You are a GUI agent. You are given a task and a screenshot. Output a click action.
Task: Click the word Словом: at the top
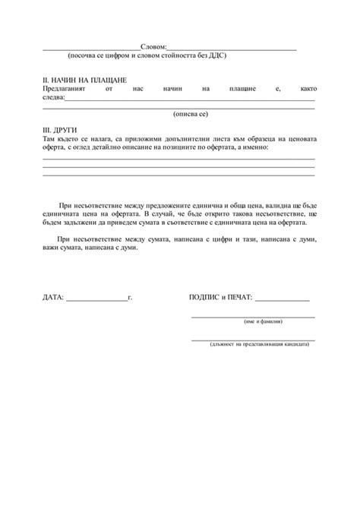pyautogui.click(x=153, y=48)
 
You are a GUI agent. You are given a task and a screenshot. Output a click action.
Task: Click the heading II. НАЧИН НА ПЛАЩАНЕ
pyautogui.click(x=84, y=80)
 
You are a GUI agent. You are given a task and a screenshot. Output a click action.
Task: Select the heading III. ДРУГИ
pyautogui.click(x=60, y=131)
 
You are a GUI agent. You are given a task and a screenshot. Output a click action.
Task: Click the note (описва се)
pyautogui.click(x=191, y=114)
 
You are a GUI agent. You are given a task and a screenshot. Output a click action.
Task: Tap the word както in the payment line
pyautogui.click(x=307, y=89)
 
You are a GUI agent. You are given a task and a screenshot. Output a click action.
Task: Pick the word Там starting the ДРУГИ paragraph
pyautogui.click(x=49, y=140)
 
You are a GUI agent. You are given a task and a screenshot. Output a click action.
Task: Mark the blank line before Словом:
pyautogui.click(x=91, y=50)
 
